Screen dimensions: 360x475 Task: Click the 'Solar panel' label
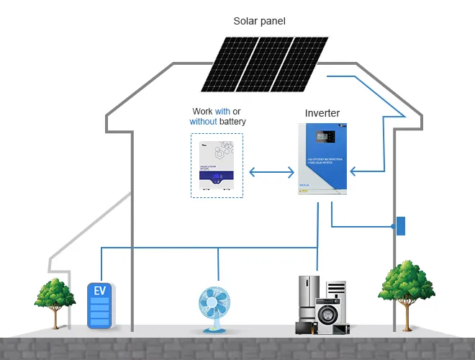259,21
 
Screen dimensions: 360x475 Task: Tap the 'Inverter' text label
322,113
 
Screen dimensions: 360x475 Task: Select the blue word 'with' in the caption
222,112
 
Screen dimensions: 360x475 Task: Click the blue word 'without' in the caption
203,122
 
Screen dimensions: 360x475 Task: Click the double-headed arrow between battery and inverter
271,173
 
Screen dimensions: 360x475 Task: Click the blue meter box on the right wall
401,226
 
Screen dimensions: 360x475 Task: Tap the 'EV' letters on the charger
100,291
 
